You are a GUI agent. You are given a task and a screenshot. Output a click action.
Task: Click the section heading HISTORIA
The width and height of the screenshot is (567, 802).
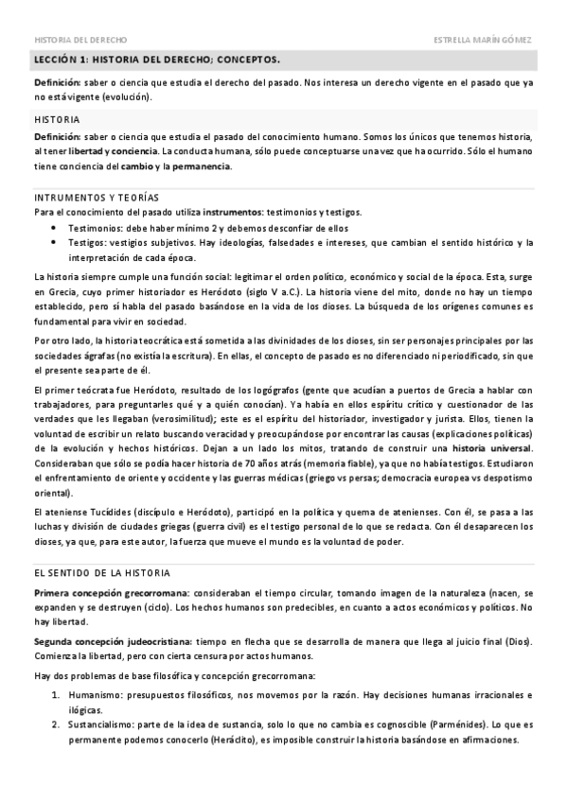56,120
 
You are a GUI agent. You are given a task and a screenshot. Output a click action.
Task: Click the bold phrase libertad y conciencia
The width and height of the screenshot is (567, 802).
114,151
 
